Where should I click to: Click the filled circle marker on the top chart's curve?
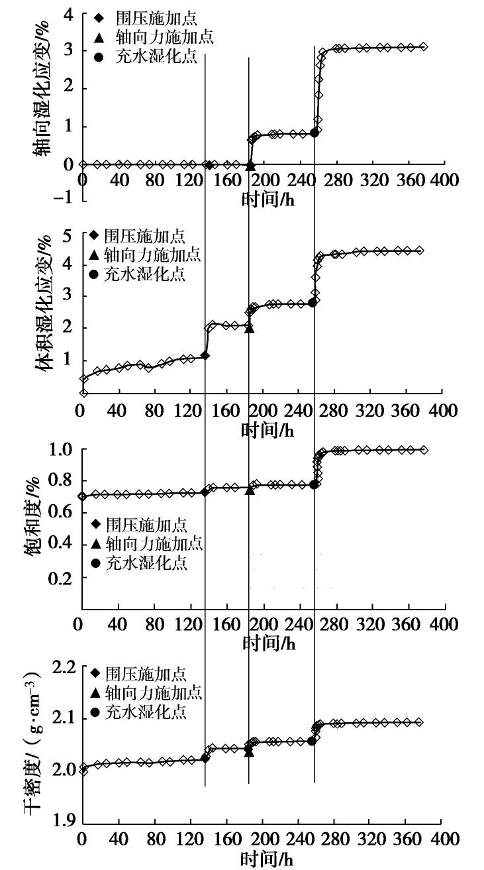click(315, 133)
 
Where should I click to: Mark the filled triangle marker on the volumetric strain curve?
click(249, 327)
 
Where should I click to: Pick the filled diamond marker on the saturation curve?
click(204, 492)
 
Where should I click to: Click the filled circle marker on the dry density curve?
click(311, 741)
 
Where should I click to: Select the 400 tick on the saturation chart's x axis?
click(444, 625)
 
